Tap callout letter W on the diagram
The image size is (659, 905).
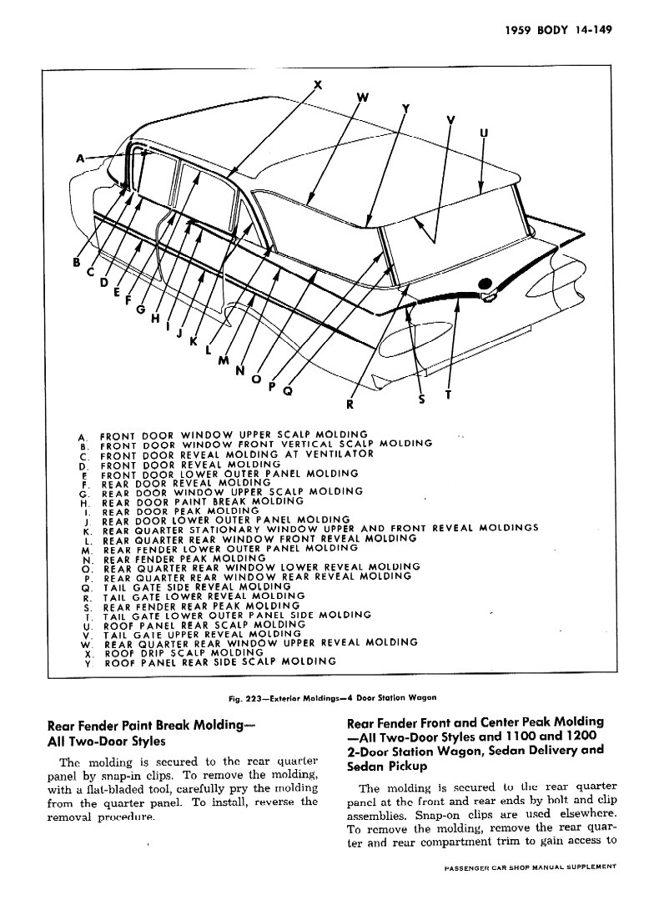pyautogui.click(x=363, y=98)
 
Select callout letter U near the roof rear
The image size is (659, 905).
pyautogui.click(x=484, y=133)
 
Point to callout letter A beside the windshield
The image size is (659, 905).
pyautogui.click(x=81, y=158)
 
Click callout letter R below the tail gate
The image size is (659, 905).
pyautogui.click(x=350, y=405)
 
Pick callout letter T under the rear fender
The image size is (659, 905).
pyautogui.click(x=447, y=395)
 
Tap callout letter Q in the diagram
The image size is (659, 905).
pyautogui.click(x=288, y=390)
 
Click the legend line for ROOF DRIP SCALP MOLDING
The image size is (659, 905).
pyautogui.click(x=184, y=651)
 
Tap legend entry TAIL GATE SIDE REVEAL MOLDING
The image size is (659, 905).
pyautogui.click(x=197, y=586)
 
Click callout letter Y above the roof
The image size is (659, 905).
pyautogui.click(x=405, y=108)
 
